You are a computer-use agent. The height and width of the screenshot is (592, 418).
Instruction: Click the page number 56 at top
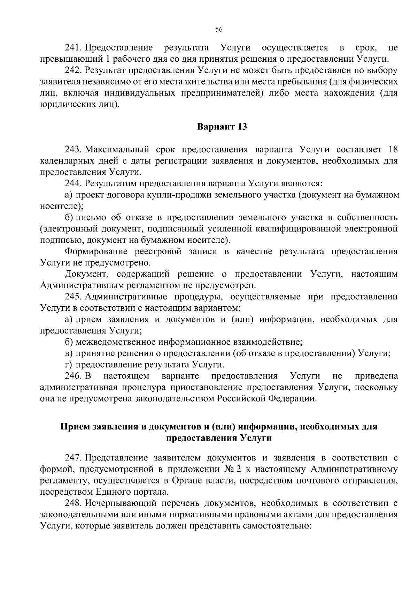pyautogui.click(x=219, y=29)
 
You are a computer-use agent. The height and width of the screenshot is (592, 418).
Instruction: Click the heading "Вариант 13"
pyautogui.click(x=222, y=127)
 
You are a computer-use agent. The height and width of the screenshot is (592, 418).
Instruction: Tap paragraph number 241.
pyautogui.click(x=73, y=47)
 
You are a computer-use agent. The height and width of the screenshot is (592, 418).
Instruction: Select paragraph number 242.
pyautogui.click(x=73, y=70)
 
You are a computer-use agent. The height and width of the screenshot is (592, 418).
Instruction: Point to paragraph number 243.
pyautogui.click(x=73, y=150)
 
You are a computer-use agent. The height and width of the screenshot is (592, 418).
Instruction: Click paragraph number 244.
pyautogui.click(x=73, y=183)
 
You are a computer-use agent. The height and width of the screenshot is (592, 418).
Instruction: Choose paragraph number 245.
pyautogui.click(x=73, y=297)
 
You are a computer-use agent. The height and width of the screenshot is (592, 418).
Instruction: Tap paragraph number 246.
pyautogui.click(x=73, y=376)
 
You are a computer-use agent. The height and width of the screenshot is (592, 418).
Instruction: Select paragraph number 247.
pyautogui.click(x=73, y=458)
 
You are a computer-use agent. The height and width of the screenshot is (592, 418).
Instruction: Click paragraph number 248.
pyautogui.click(x=73, y=503)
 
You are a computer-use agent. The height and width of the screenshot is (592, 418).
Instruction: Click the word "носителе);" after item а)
pyautogui.click(x=61, y=206)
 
